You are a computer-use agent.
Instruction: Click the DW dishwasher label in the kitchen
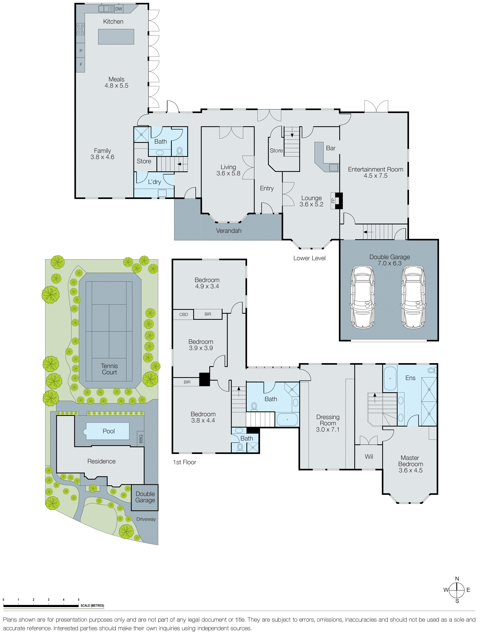(x=119, y=9)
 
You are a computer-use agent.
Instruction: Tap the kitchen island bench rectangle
(x=116, y=37)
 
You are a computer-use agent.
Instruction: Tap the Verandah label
(x=229, y=231)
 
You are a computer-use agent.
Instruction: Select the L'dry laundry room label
(x=154, y=182)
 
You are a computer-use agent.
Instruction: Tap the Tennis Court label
(x=109, y=369)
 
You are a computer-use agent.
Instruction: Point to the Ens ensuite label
(x=410, y=378)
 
